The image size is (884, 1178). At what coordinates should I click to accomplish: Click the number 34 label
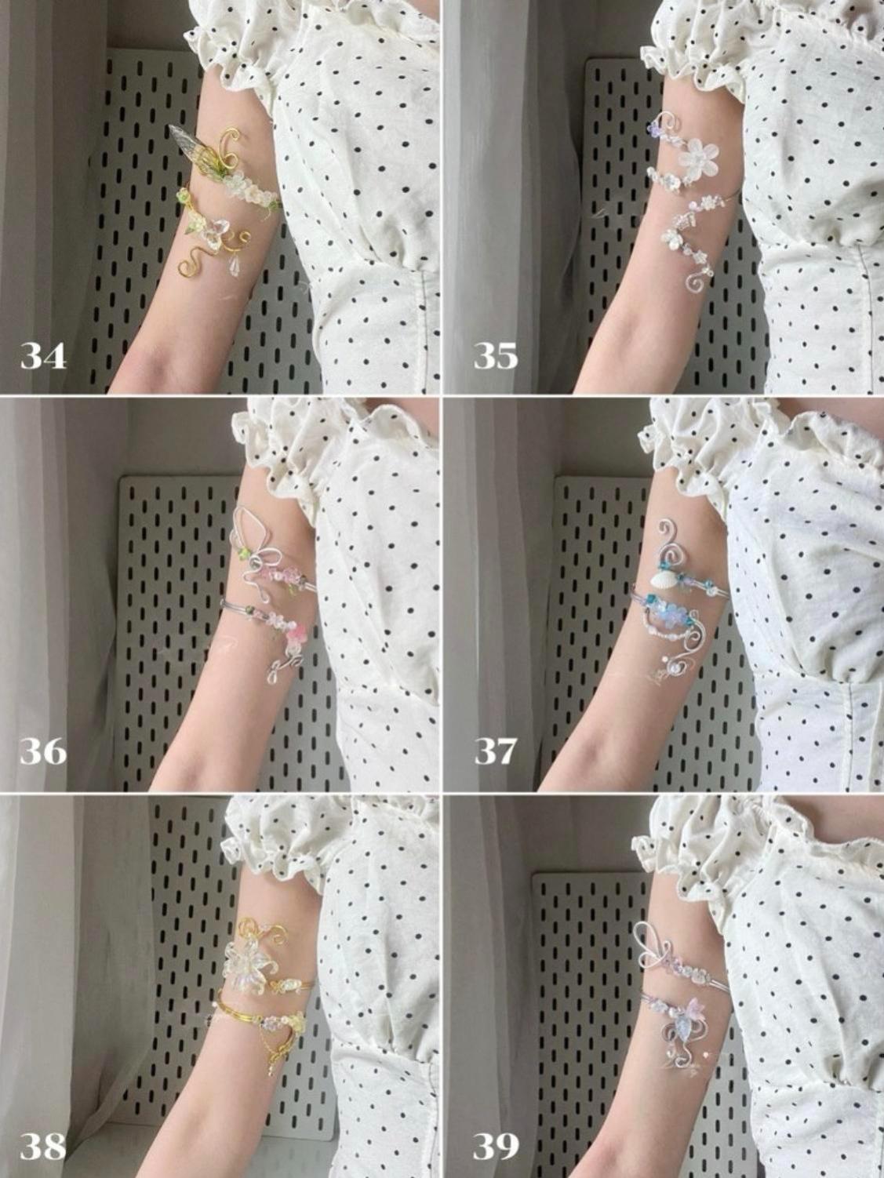click(43, 356)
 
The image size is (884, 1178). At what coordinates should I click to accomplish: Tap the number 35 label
click(496, 356)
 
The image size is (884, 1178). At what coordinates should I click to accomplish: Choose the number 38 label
click(43, 1148)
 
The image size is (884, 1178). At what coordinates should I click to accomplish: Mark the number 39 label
click(496, 1148)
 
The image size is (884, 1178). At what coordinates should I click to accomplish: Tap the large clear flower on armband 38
click(245, 962)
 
